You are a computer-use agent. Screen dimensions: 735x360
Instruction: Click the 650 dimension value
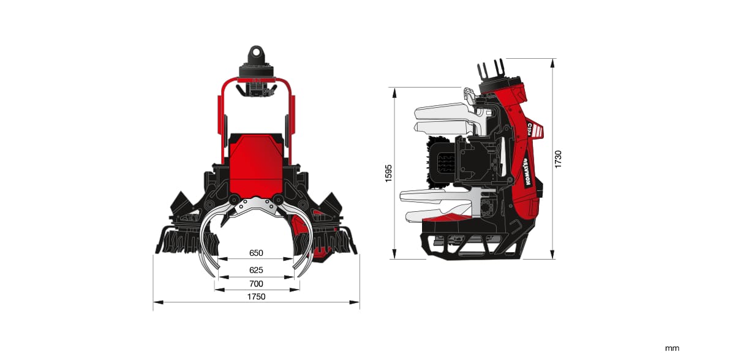pos(256,253)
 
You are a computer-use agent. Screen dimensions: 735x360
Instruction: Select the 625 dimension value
pos(256,270)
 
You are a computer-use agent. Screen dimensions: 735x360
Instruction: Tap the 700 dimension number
pos(256,283)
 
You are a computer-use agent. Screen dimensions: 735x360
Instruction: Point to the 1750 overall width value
pos(256,297)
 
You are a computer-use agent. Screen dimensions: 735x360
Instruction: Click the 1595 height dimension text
pos(388,173)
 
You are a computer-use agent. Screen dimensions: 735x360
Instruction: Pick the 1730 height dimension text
pos(558,159)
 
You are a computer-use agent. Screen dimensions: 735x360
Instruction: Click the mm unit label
pos(672,348)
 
